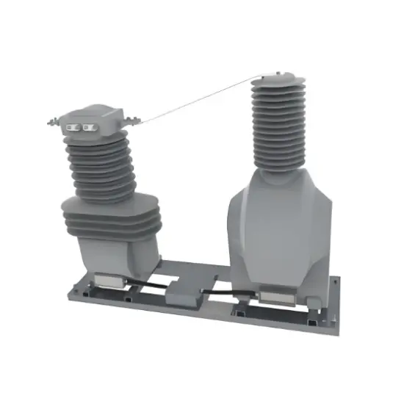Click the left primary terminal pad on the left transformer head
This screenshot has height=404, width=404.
point(73,127)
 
